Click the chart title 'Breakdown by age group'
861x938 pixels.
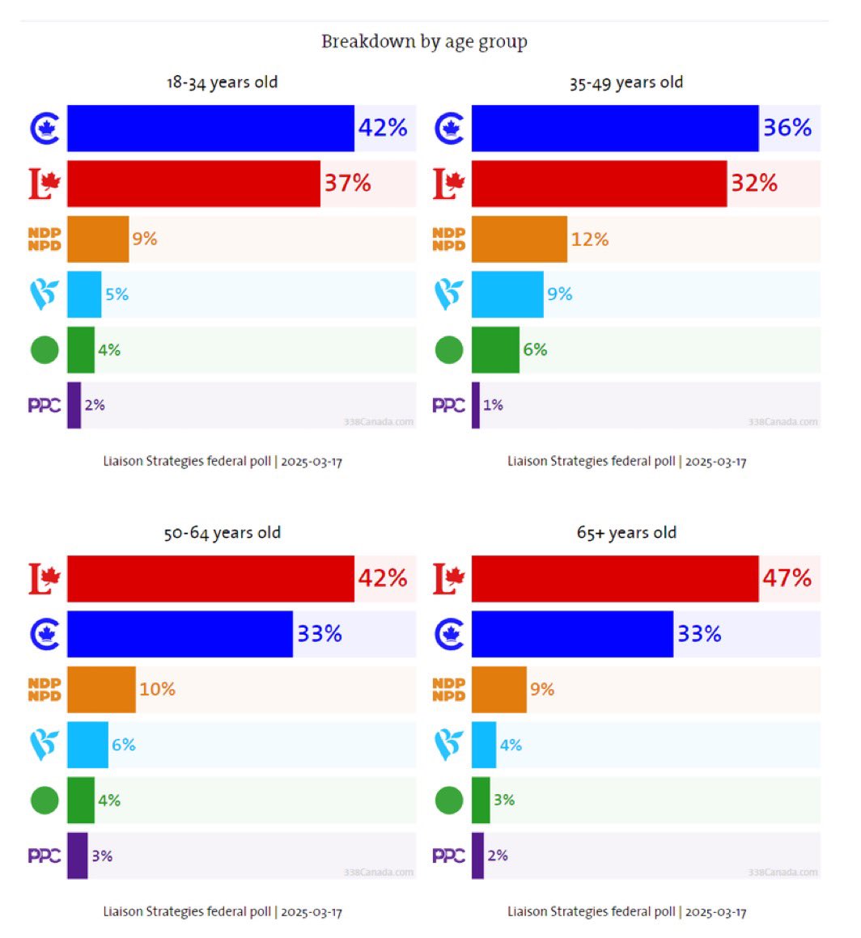click(x=424, y=42)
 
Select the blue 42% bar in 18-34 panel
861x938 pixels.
click(x=210, y=128)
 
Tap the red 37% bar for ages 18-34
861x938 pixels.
click(x=193, y=184)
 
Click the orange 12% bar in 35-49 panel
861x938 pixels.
click(x=519, y=239)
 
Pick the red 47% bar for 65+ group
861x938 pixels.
click(x=615, y=578)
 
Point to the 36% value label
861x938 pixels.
click(x=787, y=128)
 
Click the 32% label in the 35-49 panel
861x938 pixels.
click(x=754, y=184)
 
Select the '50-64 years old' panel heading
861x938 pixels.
click(x=222, y=533)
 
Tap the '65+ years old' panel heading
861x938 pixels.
click(x=626, y=533)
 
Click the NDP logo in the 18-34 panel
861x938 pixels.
click(x=45, y=239)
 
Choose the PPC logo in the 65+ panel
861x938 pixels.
click(x=449, y=856)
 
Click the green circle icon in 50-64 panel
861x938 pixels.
click(x=45, y=801)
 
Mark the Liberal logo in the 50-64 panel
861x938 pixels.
click(x=45, y=578)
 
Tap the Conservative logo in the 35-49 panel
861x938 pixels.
click(x=449, y=128)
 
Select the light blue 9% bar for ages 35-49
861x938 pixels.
click(x=507, y=294)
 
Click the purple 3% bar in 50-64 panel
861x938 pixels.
click(x=77, y=856)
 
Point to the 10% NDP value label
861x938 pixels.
click(x=157, y=689)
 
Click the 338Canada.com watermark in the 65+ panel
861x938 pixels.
click(x=783, y=873)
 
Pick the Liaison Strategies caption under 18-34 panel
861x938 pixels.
click(x=223, y=462)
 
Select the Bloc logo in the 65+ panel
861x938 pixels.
click(x=449, y=745)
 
